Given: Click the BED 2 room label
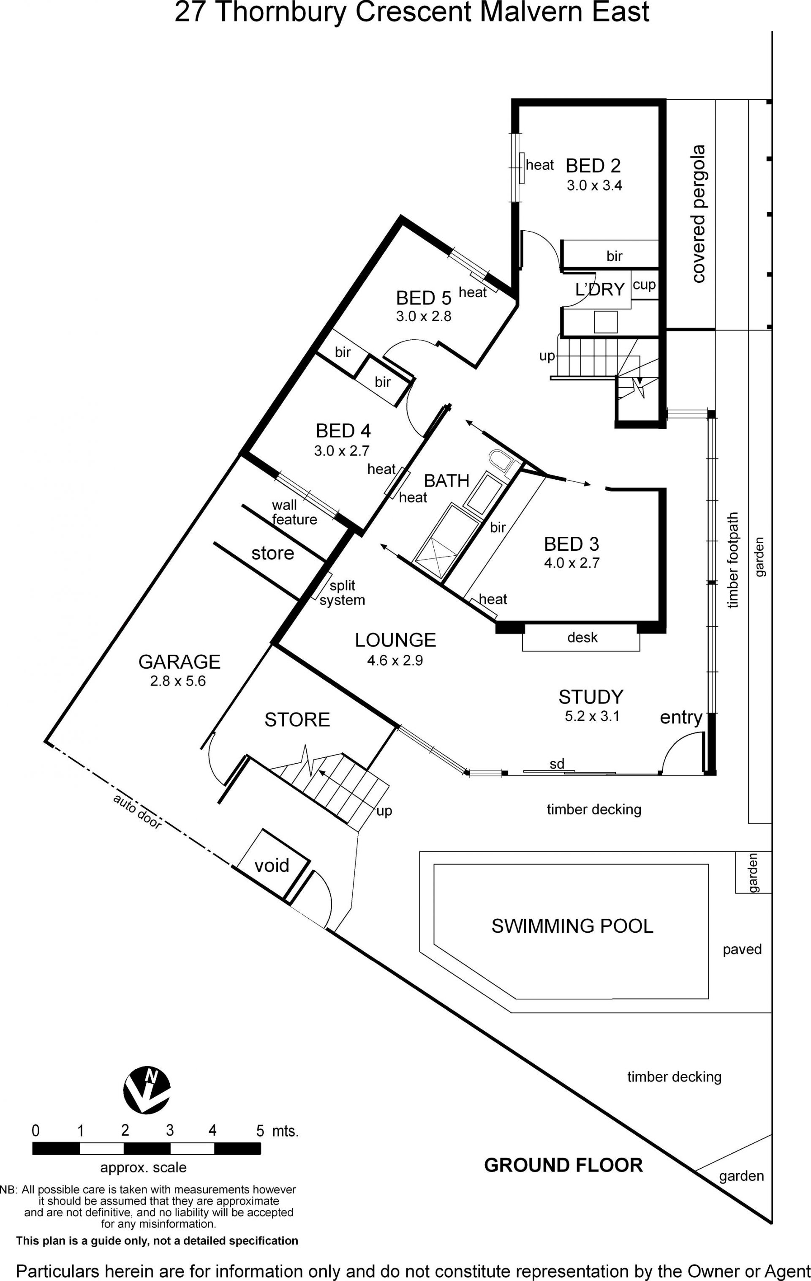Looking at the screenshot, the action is [593, 166].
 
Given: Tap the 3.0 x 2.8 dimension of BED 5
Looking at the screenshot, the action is [423, 316].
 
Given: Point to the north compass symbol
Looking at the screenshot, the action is [147, 1090].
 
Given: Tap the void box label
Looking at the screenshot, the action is [272, 866].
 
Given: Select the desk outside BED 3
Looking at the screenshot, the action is [581, 638].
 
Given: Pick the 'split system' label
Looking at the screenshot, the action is [342, 593].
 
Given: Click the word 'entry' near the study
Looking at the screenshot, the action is [681, 718].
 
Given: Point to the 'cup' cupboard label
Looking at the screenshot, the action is [644, 285].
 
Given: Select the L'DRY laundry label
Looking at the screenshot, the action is [600, 290].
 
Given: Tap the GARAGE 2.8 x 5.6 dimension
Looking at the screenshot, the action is [178, 681].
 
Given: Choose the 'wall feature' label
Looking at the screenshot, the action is [294, 512].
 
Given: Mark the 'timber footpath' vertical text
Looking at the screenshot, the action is [733, 560].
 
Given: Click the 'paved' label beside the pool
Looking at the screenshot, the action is [742, 950].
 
